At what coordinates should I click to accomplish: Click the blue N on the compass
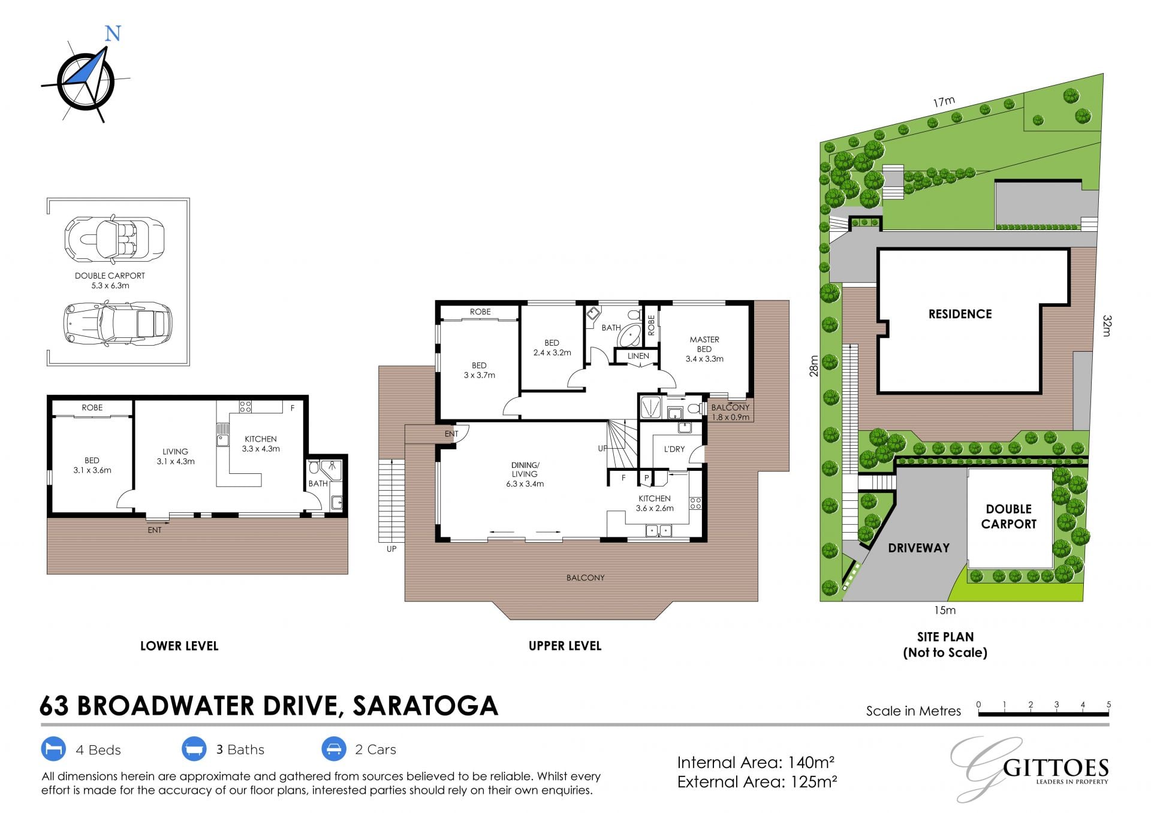click(x=113, y=33)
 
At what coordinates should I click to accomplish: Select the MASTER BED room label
click(x=704, y=344)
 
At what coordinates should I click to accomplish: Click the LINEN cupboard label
click(x=638, y=356)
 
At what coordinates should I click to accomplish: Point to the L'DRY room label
click(x=674, y=449)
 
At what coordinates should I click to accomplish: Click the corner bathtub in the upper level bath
click(x=629, y=336)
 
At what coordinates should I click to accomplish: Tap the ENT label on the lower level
click(x=155, y=530)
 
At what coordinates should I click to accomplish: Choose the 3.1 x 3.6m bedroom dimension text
click(x=92, y=470)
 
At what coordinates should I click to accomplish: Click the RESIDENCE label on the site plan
click(x=960, y=314)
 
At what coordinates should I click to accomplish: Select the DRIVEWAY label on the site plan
click(x=918, y=548)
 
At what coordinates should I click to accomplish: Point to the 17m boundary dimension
click(x=944, y=102)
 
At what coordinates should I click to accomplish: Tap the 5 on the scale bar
click(x=1108, y=705)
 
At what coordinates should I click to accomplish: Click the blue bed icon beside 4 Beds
click(x=53, y=749)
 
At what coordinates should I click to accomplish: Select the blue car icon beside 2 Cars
click(x=333, y=749)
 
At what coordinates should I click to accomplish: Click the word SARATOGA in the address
click(x=425, y=706)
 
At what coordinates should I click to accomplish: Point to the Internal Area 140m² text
click(x=756, y=763)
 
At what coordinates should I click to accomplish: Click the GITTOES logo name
click(x=1056, y=768)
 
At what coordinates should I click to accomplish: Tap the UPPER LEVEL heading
click(x=565, y=646)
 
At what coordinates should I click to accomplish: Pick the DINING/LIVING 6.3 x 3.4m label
click(x=525, y=474)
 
